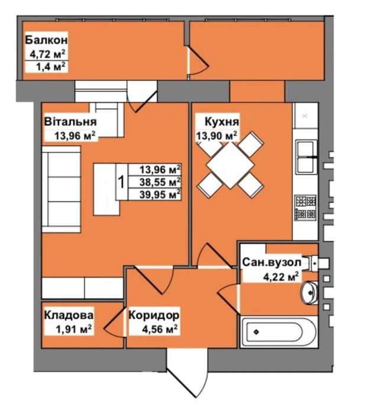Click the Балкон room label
(x=46, y=40)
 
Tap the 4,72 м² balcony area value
(x=47, y=54)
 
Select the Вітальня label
(x=70, y=122)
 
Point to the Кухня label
(x=222, y=122)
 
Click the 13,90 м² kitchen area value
(x=216, y=136)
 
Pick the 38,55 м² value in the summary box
(x=160, y=182)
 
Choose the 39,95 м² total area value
(x=160, y=195)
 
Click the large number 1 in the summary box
(x=121, y=182)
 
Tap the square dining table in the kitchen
(x=231, y=166)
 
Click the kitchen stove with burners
(x=306, y=207)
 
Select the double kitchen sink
(x=306, y=157)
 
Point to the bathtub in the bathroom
(x=279, y=332)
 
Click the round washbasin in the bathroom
(x=309, y=293)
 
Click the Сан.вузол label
(x=271, y=262)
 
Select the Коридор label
(x=154, y=315)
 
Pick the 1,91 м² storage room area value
(x=73, y=329)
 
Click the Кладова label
(x=69, y=315)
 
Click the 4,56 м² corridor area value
(x=160, y=329)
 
